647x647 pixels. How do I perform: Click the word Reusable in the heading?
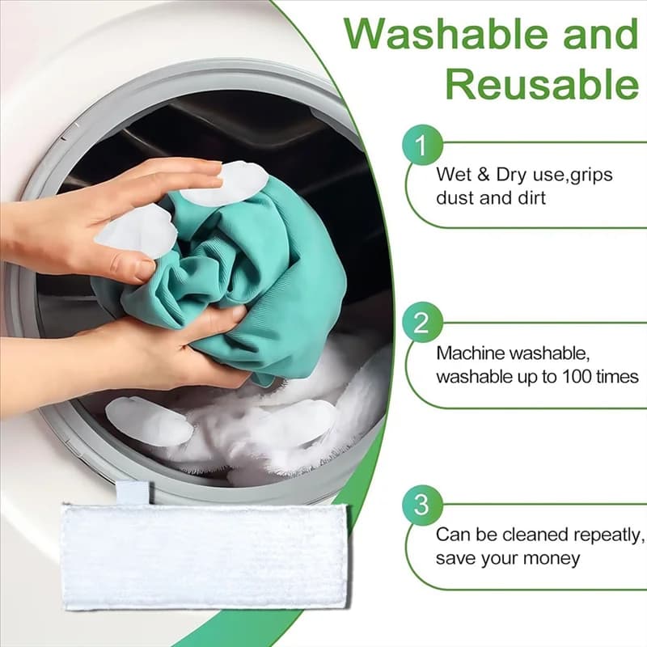click(542, 84)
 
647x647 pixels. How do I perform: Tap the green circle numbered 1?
click(422, 145)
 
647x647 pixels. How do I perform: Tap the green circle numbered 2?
click(422, 322)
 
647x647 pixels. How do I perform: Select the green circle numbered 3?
click(422, 505)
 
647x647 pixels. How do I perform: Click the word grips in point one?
click(592, 175)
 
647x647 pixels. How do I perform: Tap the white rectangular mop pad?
click(205, 557)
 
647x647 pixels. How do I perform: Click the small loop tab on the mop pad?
click(133, 493)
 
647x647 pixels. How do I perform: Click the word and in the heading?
click(601, 34)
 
